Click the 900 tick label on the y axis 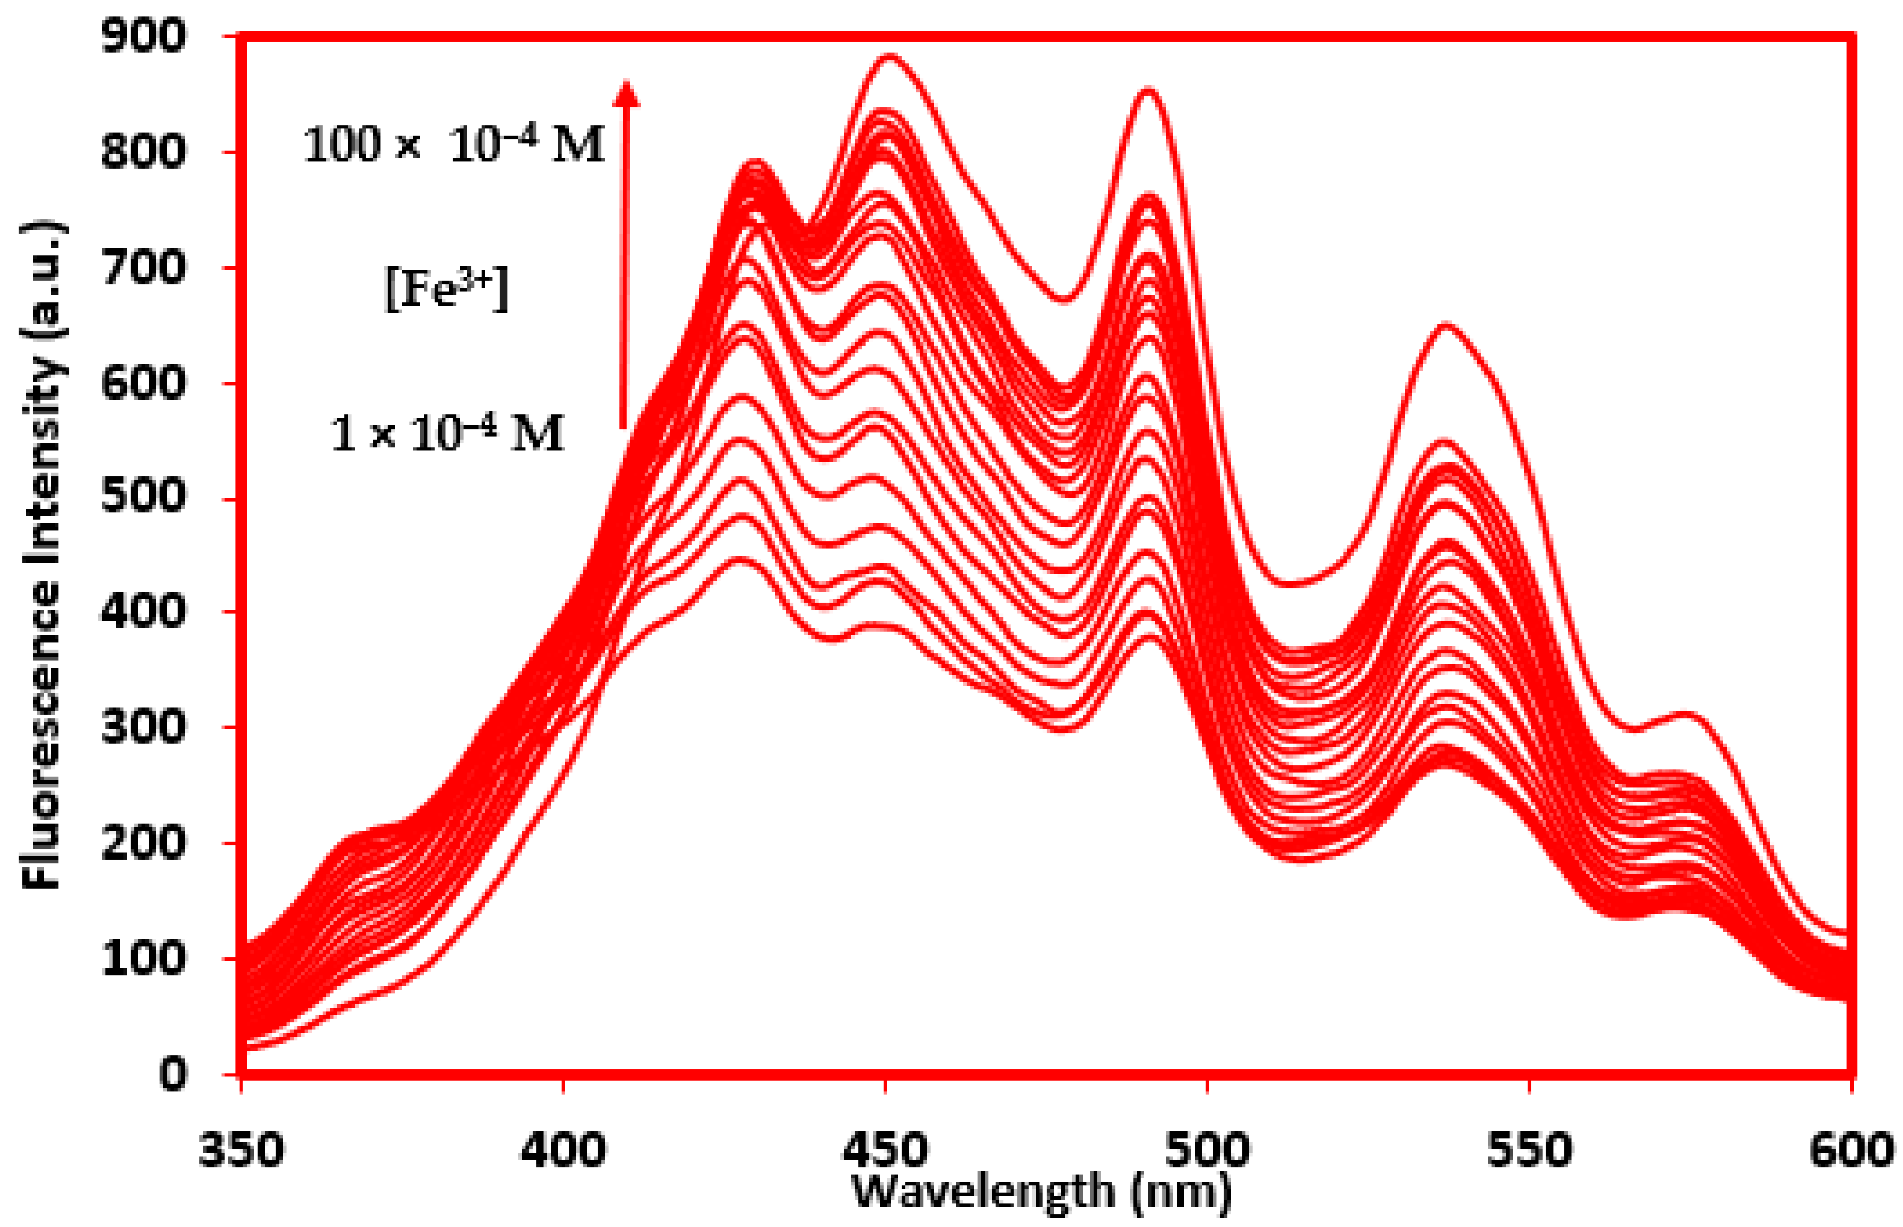(144, 37)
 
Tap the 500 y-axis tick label (144, 498)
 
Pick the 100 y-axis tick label (144, 958)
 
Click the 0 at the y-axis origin (173, 1074)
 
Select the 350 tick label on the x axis (241, 1150)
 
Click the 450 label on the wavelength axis (884, 1150)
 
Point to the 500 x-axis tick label (1208, 1150)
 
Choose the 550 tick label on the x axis (1530, 1150)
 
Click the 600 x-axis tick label (1851, 1150)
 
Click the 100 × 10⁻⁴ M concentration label (453, 146)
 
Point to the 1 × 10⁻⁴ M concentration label (447, 434)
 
